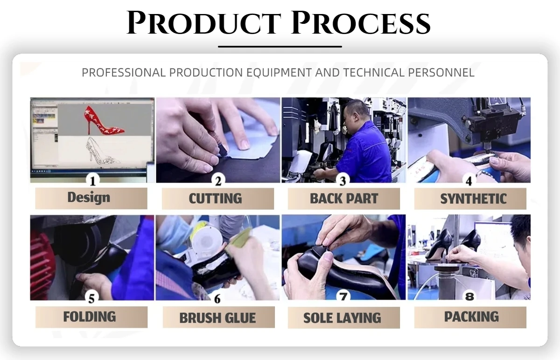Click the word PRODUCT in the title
pyautogui.click(x=204, y=22)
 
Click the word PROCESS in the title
pyautogui.click(x=360, y=22)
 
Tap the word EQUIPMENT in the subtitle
pyautogui.click(x=279, y=73)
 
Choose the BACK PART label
pyautogui.click(x=344, y=198)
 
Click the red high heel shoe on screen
pyautogui.click(x=104, y=120)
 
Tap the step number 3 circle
pyautogui.click(x=343, y=180)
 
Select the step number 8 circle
pyautogui.click(x=469, y=296)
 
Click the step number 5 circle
pyautogui.click(x=91, y=298)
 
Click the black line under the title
pyautogui.click(x=280, y=47)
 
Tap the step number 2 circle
pyautogui.click(x=218, y=180)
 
